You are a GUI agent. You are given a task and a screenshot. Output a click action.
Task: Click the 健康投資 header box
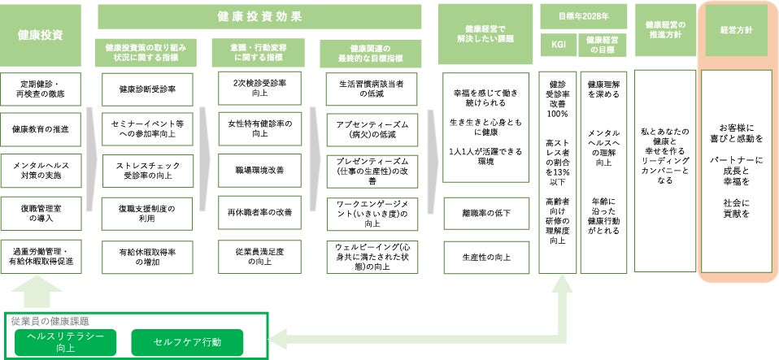41,35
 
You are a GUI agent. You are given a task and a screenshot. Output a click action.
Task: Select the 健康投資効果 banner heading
259,16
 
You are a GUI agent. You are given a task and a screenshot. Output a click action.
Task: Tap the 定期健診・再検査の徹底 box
41,87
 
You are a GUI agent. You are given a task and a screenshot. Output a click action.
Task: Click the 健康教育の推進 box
41,128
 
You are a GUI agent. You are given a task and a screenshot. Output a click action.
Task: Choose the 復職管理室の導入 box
41,213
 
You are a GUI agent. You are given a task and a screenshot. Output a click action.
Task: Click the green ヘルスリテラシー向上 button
65,341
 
